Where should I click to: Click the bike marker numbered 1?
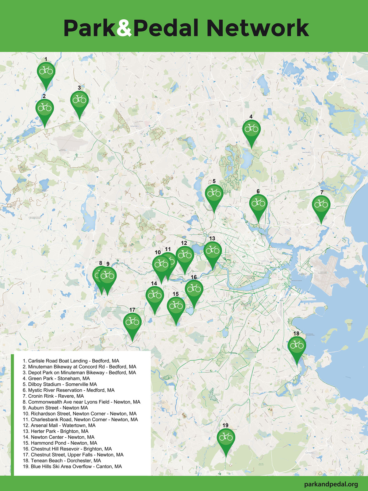[x=46, y=71]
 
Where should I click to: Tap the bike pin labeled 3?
[x=79, y=100]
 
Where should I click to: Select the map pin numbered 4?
[x=251, y=129]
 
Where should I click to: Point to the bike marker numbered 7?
[x=321, y=204]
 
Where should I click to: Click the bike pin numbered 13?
[x=213, y=251]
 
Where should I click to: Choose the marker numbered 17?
[x=132, y=322]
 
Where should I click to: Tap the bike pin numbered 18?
[x=297, y=346]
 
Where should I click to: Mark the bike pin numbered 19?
[x=226, y=437]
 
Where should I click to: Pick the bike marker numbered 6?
[x=258, y=203]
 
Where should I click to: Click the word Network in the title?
[x=258, y=28]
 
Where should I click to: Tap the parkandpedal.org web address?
[x=331, y=484]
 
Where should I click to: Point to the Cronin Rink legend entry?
[x=53, y=396]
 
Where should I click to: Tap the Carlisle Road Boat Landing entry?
[x=71, y=361]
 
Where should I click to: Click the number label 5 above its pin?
[x=214, y=181]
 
